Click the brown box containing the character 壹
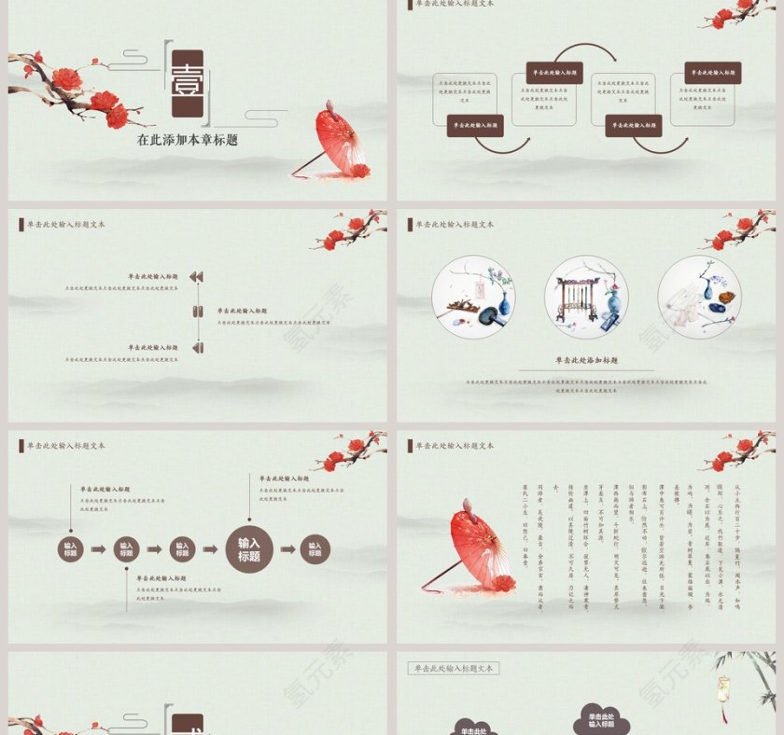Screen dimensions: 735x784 point(187,83)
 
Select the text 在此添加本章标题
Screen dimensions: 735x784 point(187,140)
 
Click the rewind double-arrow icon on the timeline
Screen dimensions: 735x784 point(196,277)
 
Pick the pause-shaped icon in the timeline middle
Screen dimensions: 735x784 point(197,312)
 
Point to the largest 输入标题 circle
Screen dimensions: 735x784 point(249,549)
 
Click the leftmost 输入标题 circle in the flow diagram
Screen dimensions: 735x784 point(71,549)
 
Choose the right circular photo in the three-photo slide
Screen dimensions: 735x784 point(699,298)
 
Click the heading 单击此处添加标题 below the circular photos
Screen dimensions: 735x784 point(587,360)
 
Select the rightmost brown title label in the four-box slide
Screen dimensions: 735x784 point(713,73)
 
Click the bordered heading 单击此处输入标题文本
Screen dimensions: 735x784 point(454,668)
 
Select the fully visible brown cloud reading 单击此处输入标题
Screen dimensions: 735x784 point(602,720)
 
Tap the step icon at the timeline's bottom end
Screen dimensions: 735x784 point(197,348)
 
